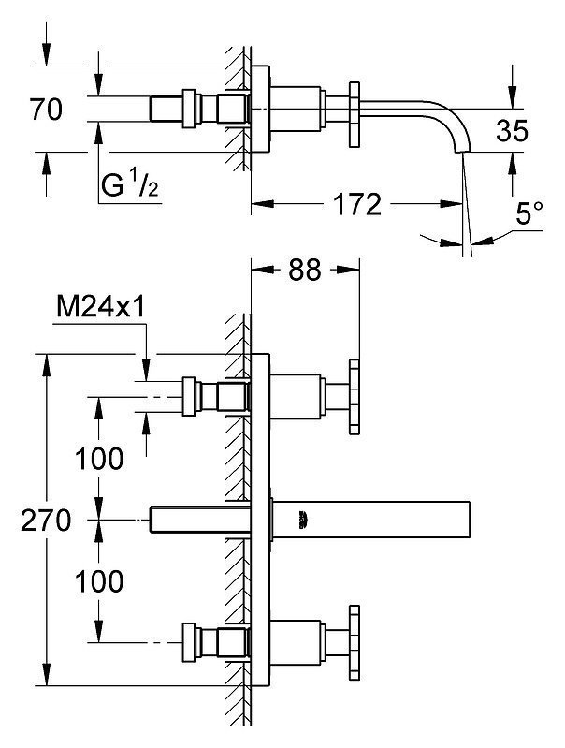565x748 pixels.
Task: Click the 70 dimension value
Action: point(46,109)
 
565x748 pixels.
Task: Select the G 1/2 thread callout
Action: point(130,185)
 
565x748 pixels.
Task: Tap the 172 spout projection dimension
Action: point(357,204)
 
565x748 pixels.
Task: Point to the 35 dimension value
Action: point(512,131)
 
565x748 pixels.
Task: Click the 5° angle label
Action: point(529,213)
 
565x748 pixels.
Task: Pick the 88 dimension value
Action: point(305,270)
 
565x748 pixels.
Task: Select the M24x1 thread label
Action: point(101,307)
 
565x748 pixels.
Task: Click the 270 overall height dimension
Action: point(46,520)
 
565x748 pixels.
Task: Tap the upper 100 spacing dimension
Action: point(99,459)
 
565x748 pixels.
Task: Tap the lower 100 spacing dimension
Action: point(99,581)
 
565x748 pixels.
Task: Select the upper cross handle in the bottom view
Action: point(355,397)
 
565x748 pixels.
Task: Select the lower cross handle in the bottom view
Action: point(355,642)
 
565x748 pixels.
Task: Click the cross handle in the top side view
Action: point(355,114)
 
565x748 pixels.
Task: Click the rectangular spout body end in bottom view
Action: point(470,520)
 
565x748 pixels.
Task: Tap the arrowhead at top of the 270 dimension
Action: point(46,362)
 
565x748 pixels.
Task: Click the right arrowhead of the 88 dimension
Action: point(348,270)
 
